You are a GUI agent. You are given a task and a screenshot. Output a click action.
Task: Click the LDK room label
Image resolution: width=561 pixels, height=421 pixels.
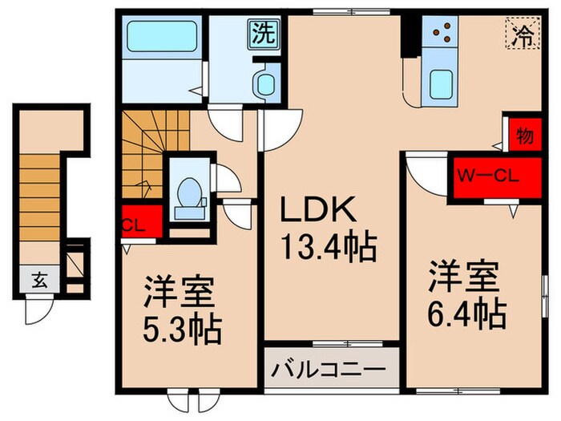(x=316, y=211)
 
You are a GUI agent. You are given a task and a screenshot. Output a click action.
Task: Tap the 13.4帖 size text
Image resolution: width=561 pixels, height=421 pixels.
(x=327, y=247)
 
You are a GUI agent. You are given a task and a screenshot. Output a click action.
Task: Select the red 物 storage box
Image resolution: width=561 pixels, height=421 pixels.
(x=522, y=136)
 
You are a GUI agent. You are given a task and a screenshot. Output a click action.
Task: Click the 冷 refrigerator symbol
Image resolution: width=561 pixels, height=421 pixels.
(x=523, y=35)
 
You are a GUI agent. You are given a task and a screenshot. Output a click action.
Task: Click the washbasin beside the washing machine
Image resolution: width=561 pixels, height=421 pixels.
(x=263, y=83)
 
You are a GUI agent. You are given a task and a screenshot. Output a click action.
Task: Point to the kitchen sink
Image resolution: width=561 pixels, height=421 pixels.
(x=442, y=83)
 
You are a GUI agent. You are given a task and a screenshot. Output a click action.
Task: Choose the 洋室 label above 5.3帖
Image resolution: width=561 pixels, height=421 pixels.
(x=180, y=293)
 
